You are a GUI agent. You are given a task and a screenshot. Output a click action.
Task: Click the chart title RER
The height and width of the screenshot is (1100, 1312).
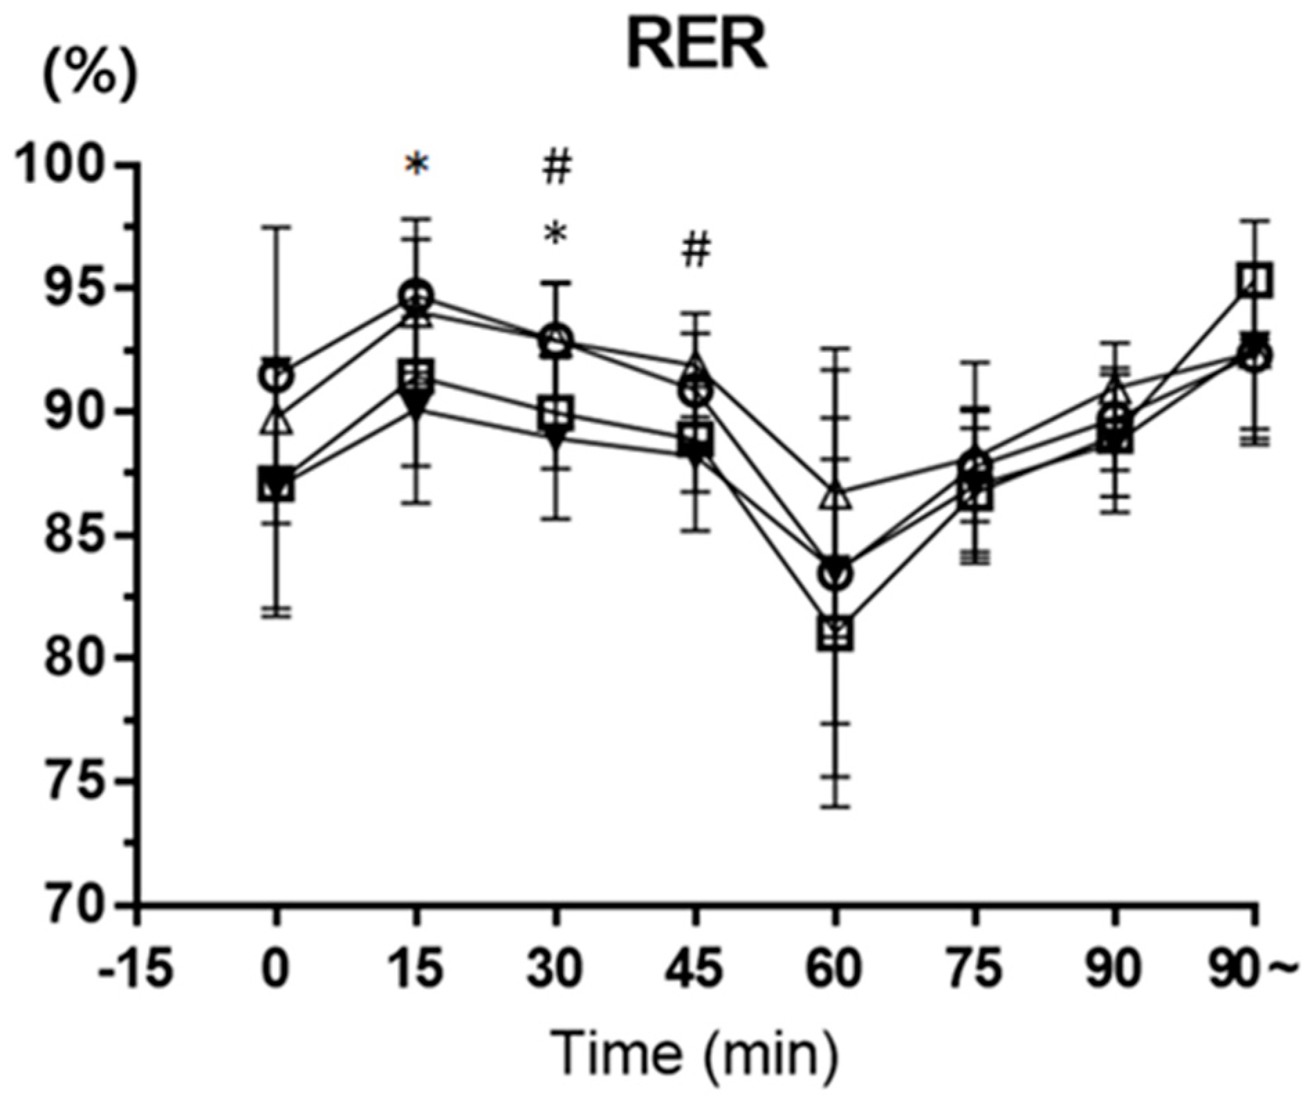(x=696, y=47)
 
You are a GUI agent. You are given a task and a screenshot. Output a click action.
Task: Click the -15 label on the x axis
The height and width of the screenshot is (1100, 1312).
(x=135, y=967)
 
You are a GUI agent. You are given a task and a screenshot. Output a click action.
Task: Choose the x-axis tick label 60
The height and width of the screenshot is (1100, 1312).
(x=835, y=967)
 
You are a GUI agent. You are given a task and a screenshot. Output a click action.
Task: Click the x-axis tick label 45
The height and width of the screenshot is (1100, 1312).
(x=695, y=967)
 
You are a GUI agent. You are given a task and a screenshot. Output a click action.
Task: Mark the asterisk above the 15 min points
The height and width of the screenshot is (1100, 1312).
(x=417, y=166)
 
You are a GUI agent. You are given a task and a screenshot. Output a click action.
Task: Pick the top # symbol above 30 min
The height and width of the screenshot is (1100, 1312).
(x=557, y=168)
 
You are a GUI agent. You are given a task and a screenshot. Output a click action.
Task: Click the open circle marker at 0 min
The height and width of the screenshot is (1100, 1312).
(x=276, y=376)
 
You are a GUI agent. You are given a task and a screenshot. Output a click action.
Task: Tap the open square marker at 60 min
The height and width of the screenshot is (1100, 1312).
(x=835, y=632)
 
